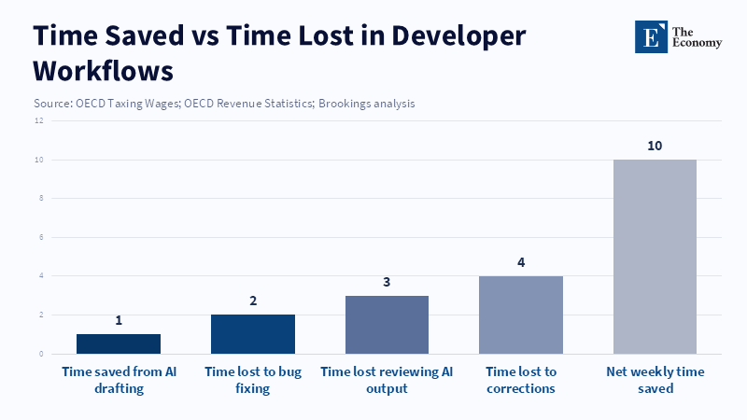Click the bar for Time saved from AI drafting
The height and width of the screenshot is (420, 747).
(119, 343)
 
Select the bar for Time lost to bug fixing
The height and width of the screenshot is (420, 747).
(253, 334)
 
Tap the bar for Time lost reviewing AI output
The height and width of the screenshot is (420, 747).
(387, 325)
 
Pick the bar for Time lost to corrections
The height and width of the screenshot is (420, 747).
(521, 315)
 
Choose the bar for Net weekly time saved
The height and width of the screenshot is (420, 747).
(655, 257)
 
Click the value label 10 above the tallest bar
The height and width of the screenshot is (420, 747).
(655, 146)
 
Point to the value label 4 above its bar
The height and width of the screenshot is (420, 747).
(521, 262)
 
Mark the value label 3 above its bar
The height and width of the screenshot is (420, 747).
(387, 282)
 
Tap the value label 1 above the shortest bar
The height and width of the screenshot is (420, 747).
(119, 320)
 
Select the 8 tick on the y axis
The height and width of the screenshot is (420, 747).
(40, 198)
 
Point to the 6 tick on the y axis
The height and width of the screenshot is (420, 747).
(40, 237)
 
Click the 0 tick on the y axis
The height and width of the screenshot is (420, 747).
(40, 354)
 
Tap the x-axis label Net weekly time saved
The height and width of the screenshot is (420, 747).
(655, 380)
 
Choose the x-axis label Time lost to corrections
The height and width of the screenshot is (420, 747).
(521, 380)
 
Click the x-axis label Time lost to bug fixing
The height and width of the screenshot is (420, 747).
(253, 380)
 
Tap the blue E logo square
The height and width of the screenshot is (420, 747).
(652, 37)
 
